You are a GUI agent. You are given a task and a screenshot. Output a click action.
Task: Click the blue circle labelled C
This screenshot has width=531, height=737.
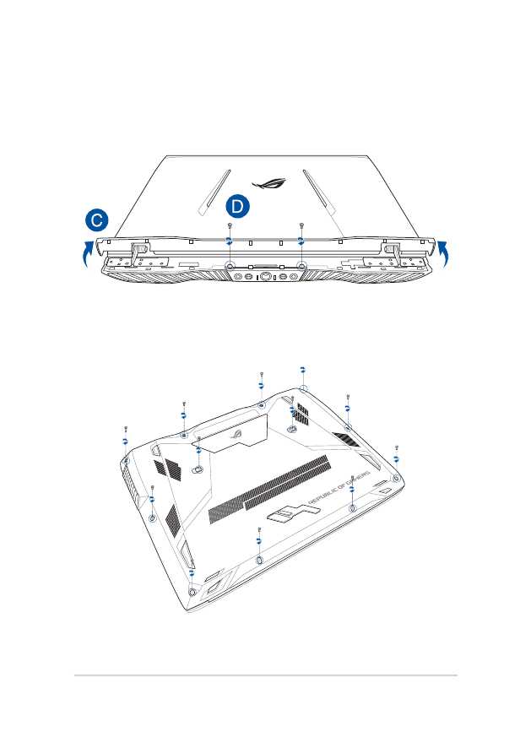tap(98, 220)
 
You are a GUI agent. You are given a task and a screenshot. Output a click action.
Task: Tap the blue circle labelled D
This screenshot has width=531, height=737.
tap(239, 207)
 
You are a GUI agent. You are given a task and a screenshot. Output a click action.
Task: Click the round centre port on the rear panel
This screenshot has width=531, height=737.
tap(266, 275)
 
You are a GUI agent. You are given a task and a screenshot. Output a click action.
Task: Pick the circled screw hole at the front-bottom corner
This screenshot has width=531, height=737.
tap(193, 591)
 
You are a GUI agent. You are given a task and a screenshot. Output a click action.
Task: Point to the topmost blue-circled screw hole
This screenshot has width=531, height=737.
tap(303, 389)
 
